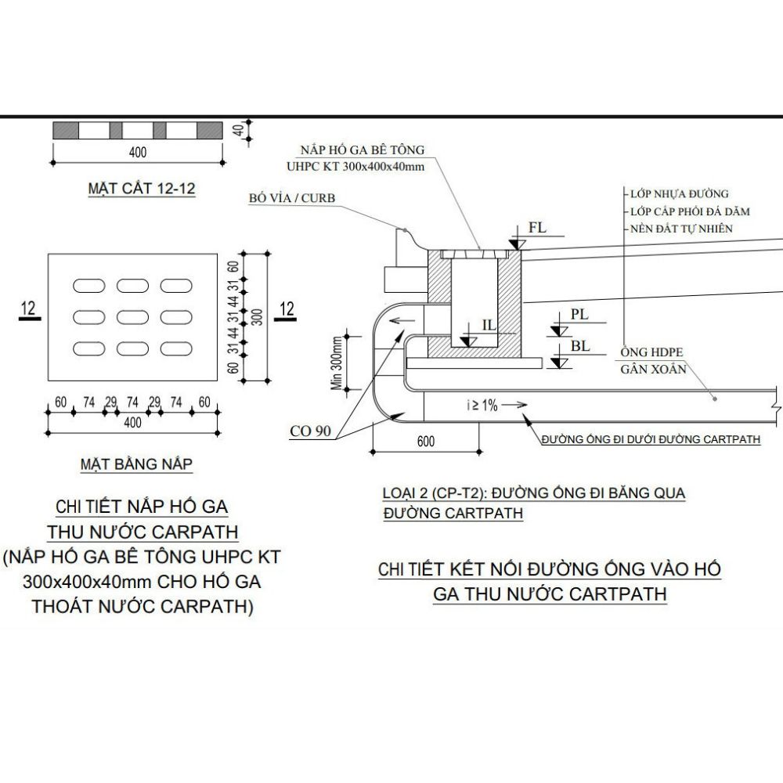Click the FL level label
click(537, 229)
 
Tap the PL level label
click(579, 313)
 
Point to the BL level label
click(579, 345)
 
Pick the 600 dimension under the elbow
click(425, 442)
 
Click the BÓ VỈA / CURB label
click(292, 198)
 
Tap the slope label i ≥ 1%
click(481, 405)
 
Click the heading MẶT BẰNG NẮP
click(137, 464)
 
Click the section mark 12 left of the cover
click(29, 309)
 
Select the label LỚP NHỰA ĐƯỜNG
click(679, 193)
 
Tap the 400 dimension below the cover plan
click(133, 423)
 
